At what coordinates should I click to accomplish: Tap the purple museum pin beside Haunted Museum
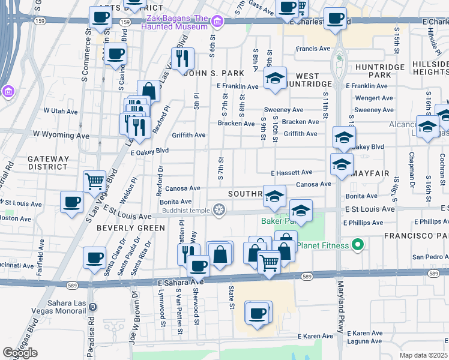(217, 23)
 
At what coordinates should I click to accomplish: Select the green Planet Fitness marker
(358, 245)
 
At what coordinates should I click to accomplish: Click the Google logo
(20, 353)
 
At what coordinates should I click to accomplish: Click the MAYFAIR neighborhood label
(371, 173)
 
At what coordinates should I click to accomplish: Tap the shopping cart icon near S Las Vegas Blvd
(95, 181)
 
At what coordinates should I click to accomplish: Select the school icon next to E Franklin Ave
(275, 79)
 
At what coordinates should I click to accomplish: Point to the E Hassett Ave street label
(291, 172)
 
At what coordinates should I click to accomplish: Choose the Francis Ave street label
(313, 49)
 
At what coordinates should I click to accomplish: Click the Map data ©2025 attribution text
(424, 355)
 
